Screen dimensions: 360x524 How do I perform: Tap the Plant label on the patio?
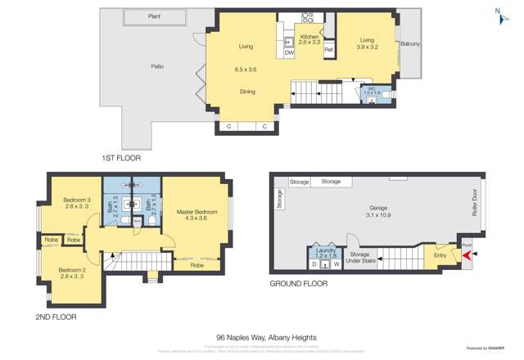click(x=154, y=16)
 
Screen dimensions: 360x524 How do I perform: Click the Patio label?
click(x=158, y=67)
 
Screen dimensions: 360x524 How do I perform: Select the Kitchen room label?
click(x=309, y=37)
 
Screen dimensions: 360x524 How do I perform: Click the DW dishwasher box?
click(x=289, y=52)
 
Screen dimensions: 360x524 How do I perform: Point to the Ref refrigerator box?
click(x=328, y=51)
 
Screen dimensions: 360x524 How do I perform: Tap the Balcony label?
click(x=410, y=43)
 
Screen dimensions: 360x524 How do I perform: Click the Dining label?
click(x=247, y=92)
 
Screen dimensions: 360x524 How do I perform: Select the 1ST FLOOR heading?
click(x=121, y=156)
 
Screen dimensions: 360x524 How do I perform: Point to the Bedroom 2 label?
click(x=72, y=270)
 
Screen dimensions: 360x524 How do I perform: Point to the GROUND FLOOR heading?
click(x=298, y=284)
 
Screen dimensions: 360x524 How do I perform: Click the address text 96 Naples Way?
click(x=266, y=337)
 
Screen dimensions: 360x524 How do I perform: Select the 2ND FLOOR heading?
click(x=56, y=317)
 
